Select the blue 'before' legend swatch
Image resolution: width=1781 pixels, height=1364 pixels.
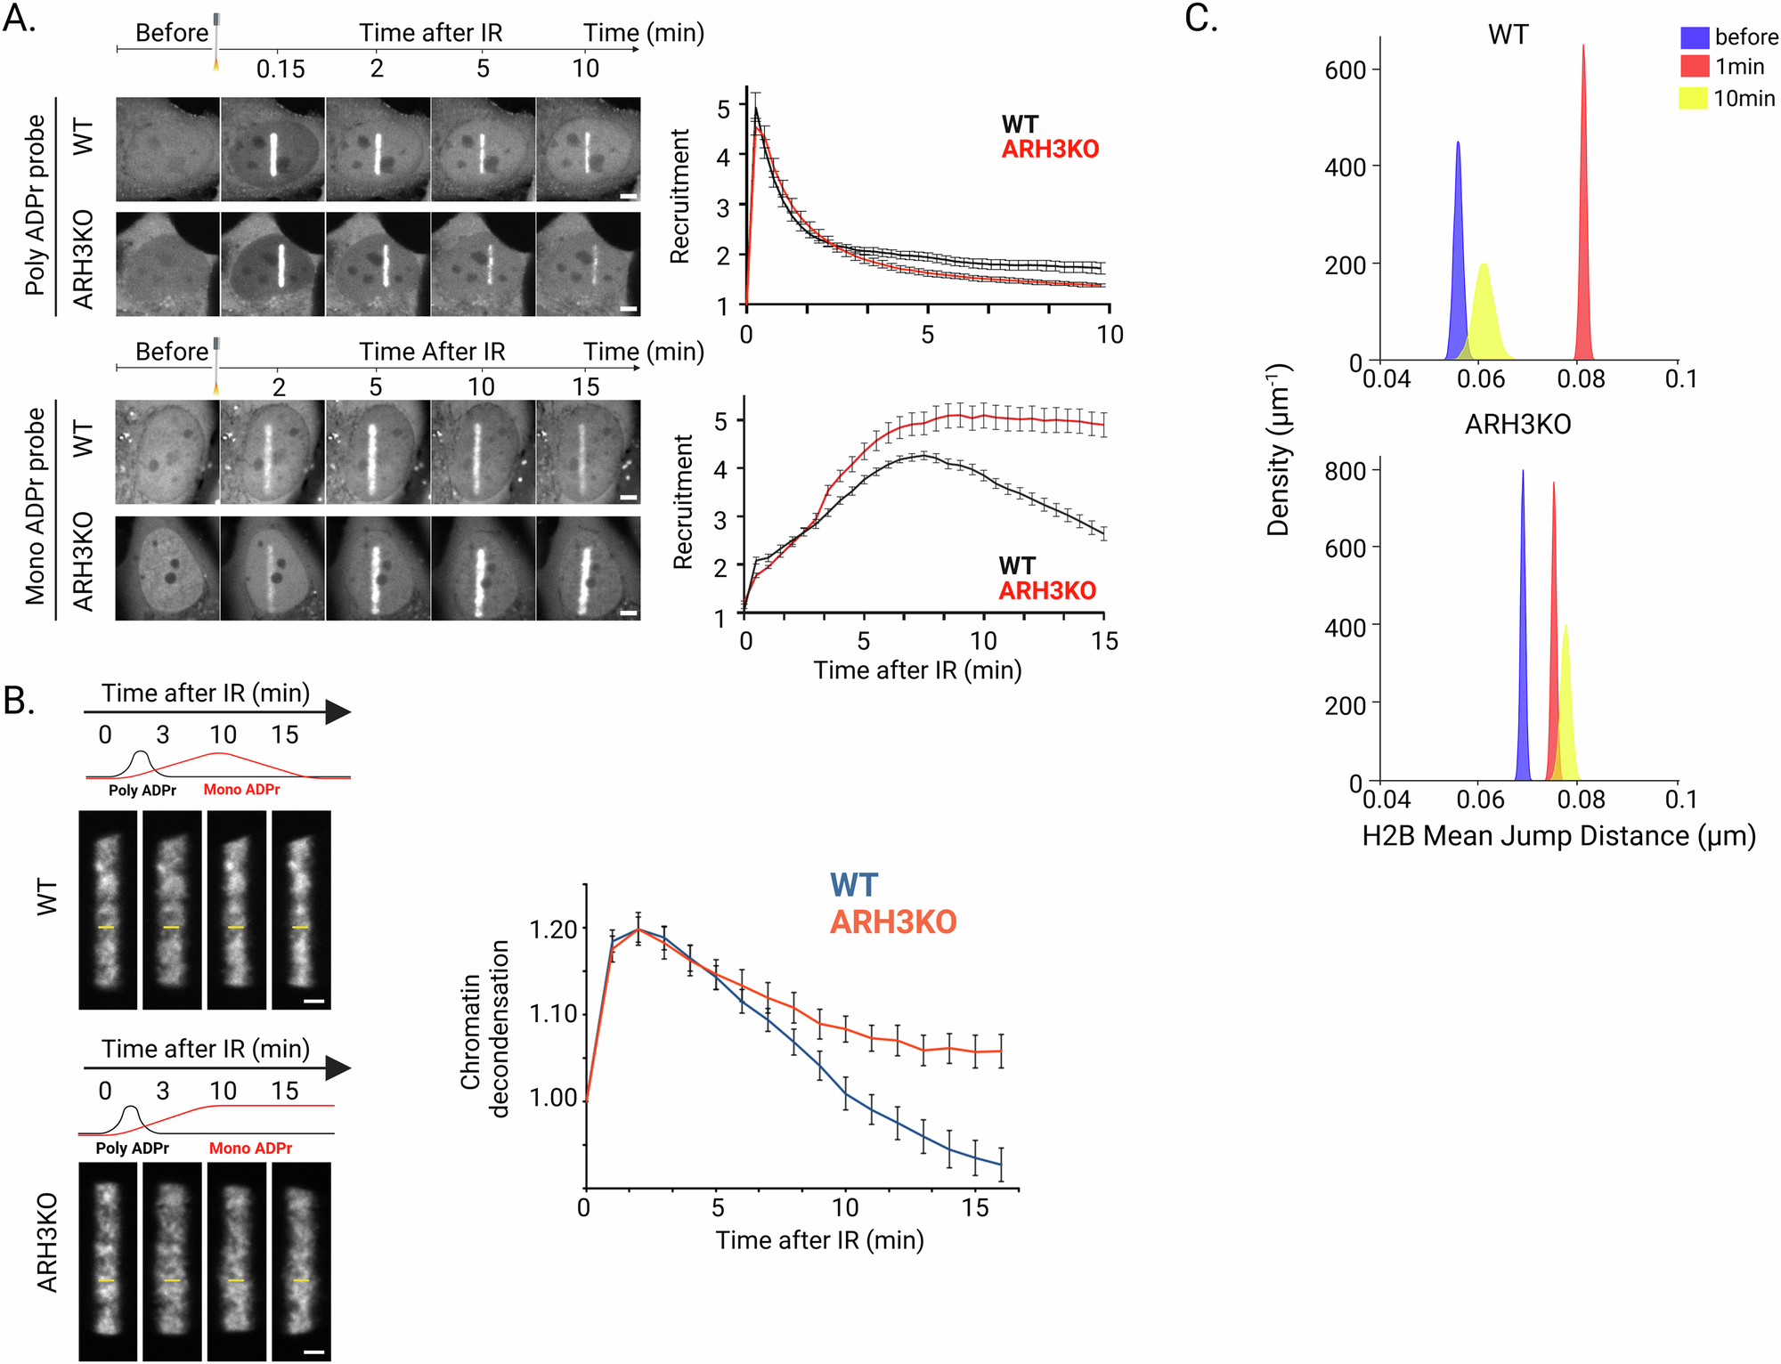click(x=1694, y=37)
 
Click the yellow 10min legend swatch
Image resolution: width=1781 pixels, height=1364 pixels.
click(x=1694, y=98)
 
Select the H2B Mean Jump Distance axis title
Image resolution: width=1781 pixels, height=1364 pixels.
click(x=1558, y=836)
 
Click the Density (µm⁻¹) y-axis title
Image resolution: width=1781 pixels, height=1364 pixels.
click(x=1279, y=450)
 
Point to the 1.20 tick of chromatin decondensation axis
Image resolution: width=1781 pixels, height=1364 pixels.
click(x=553, y=930)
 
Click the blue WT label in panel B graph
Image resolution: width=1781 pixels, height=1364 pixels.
click(x=854, y=885)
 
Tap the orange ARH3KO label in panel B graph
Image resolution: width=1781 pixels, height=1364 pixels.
click(x=893, y=922)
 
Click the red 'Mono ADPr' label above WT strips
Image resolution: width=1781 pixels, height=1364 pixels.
click(x=241, y=790)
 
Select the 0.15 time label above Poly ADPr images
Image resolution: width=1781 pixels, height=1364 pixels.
click(x=281, y=69)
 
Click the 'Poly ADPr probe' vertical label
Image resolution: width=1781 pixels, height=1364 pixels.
click(x=35, y=205)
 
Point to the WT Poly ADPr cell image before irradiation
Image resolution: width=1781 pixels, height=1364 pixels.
click(x=167, y=150)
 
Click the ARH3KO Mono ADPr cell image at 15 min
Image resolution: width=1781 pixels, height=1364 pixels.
click(x=588, y=569)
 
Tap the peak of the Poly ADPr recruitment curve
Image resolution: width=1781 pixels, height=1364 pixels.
click(x=756, y=111)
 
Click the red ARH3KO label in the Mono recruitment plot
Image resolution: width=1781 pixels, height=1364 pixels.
click(x=1047, y=590)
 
